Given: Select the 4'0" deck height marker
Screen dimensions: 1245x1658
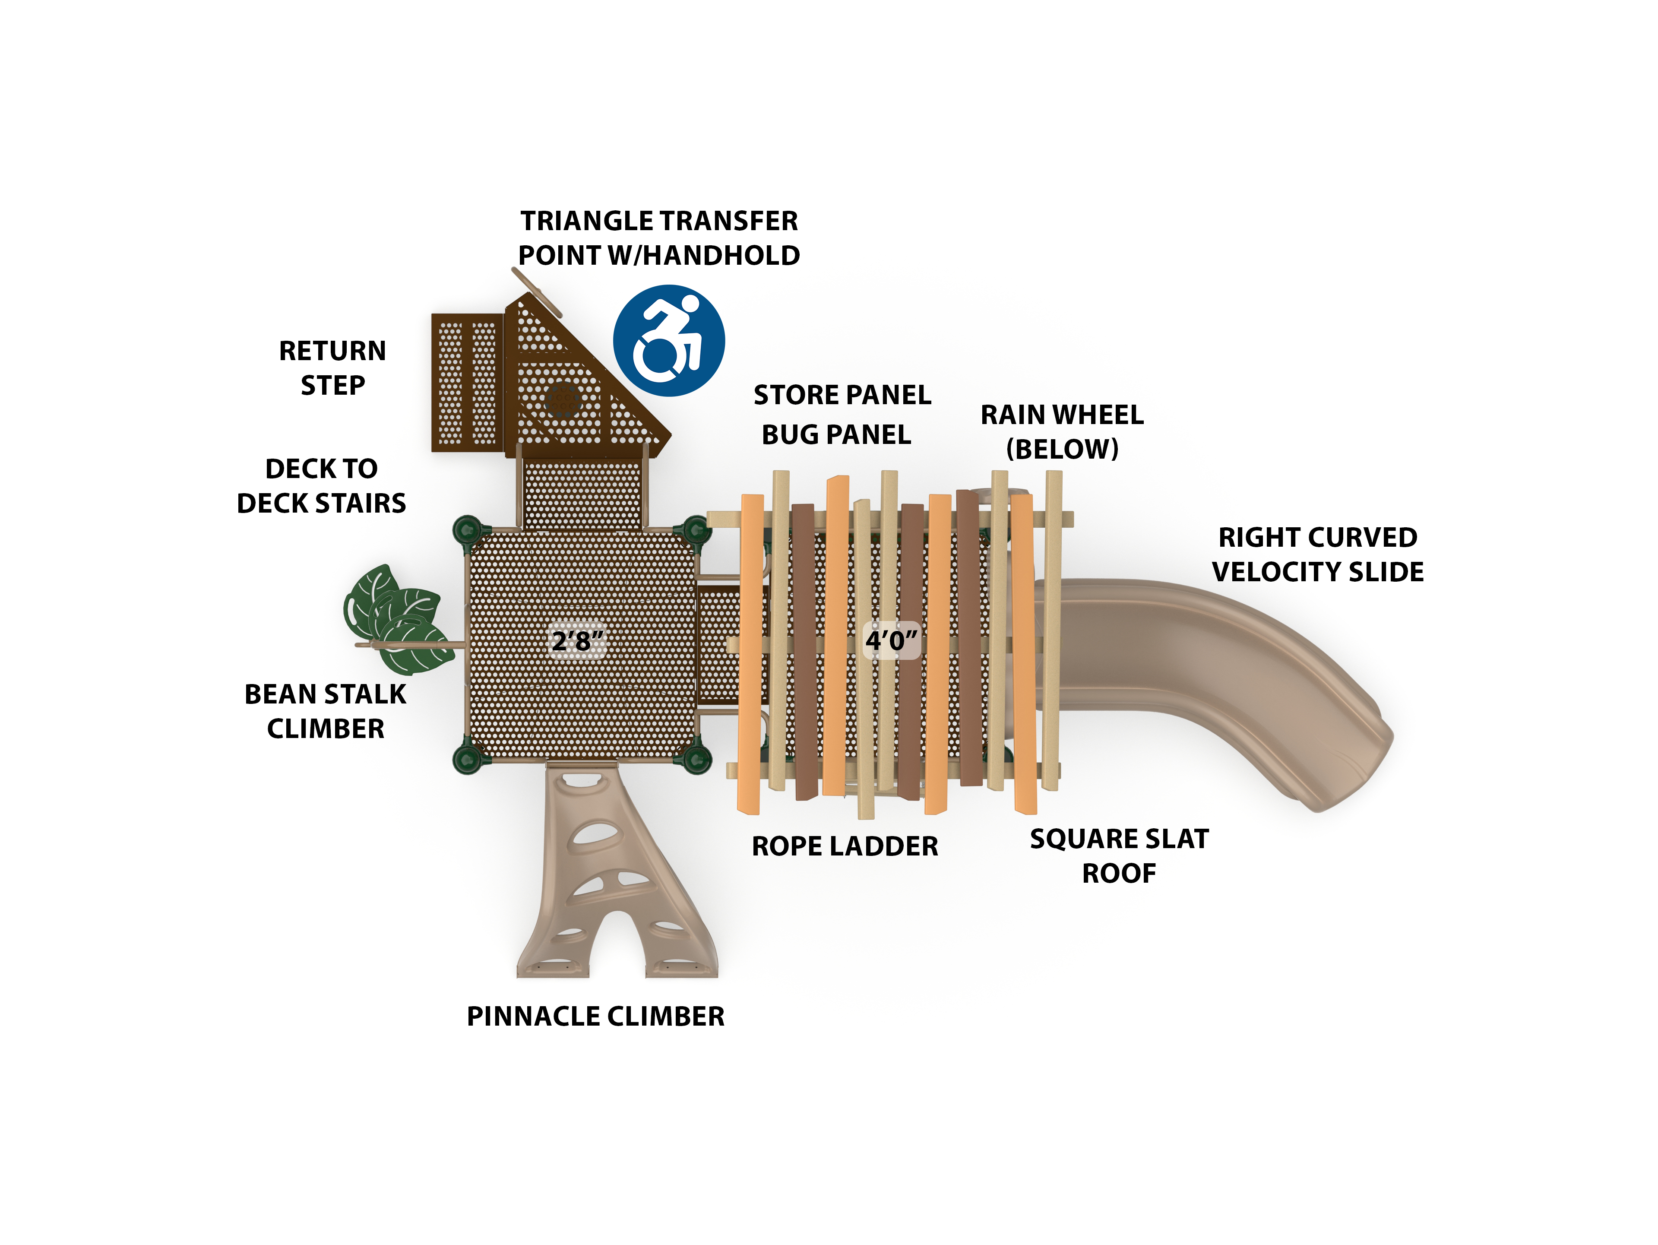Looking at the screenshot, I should coord(891,640).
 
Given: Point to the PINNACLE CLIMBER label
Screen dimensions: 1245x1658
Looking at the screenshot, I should coord(595,1017).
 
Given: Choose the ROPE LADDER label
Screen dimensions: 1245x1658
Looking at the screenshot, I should coord(845,846).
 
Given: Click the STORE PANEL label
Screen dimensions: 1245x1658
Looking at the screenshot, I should coord(842,395).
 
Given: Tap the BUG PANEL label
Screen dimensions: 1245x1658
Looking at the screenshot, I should coord(836,435).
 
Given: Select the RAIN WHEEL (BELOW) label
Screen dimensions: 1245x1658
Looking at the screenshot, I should coord(1062,432).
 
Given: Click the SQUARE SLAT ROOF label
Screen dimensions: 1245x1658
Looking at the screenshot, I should coord(1119,856).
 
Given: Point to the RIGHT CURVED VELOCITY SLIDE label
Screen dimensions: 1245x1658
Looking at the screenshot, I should coord(1318,554).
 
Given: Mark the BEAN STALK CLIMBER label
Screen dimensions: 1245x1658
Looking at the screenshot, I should coord(325,711).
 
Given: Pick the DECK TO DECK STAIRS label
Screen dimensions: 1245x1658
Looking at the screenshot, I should coord(322,486).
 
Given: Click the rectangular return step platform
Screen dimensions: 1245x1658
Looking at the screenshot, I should coord(467,382).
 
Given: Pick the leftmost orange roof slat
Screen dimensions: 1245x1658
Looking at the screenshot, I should coord(750,652).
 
